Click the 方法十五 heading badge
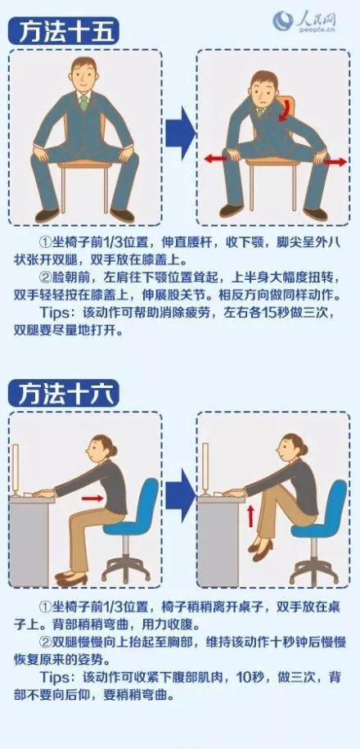tap(63, 32)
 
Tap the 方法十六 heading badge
tap(63, 393)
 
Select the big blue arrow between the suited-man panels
tap(181, 133)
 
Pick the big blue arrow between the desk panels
tap(181, 495)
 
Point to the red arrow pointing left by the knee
tap(215, 159)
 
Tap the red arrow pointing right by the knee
tap(335, 162)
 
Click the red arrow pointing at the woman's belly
tap(92, 499)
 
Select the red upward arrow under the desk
tap(251, 517)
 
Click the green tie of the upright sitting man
tap(84, 102)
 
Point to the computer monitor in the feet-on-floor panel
tap(16, 470)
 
